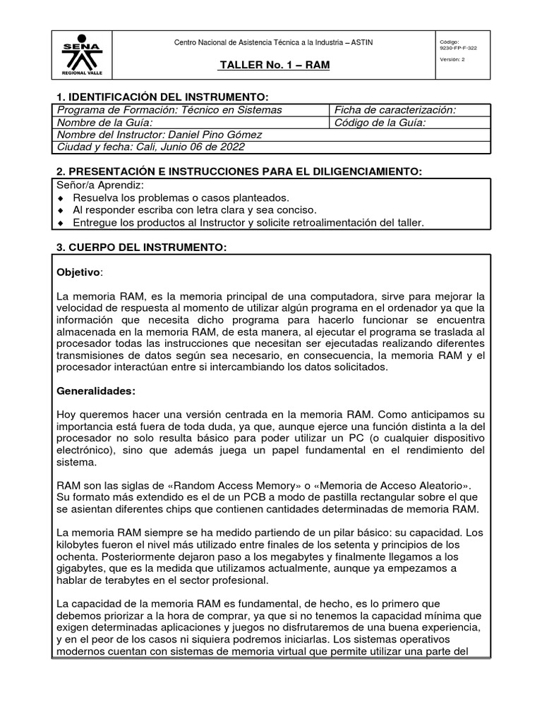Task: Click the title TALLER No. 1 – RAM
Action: (275, 66)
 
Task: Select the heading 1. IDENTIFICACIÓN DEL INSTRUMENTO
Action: (162, 97)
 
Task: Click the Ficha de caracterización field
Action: (395, 109)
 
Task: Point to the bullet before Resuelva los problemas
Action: (61, 198)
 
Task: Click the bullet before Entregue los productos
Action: (61, 223)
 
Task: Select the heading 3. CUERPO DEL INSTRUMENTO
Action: (141, 247)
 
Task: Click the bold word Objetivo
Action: (78, 271)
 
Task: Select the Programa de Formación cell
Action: (169, 109)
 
